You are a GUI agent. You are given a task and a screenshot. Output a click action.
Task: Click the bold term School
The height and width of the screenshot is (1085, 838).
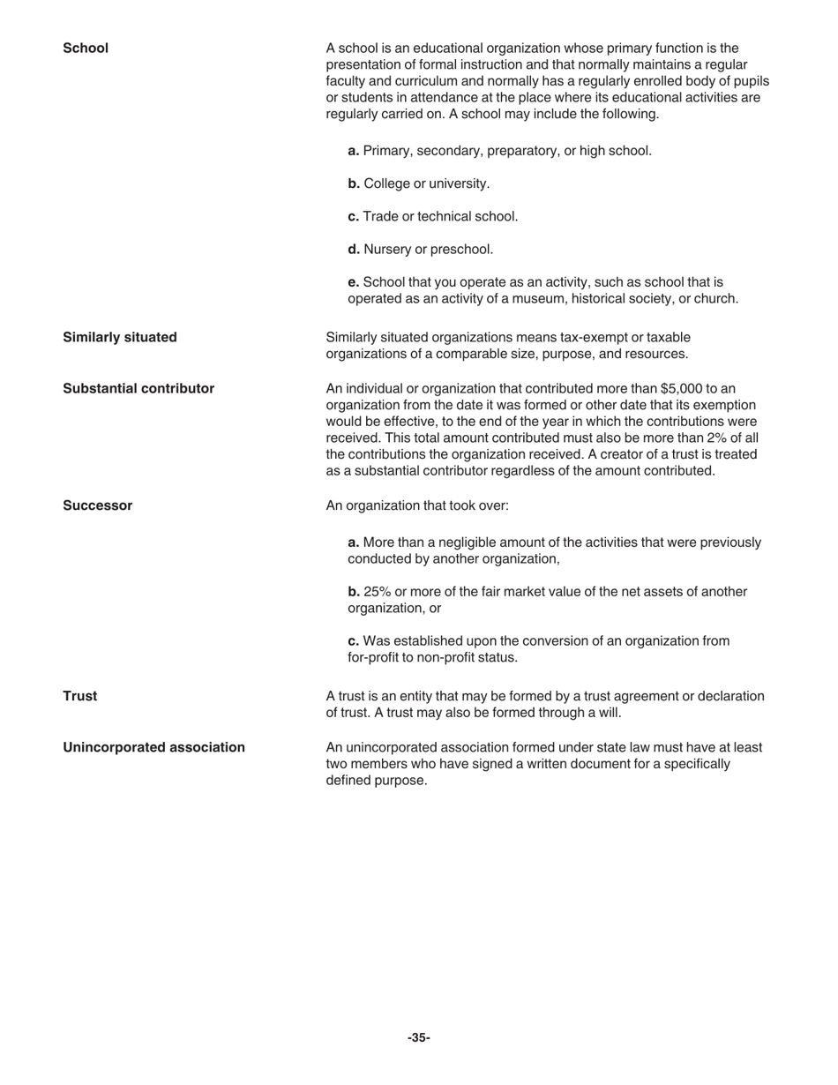point(86,49)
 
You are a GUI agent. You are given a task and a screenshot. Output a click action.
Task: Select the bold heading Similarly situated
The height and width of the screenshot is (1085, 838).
point(119,338)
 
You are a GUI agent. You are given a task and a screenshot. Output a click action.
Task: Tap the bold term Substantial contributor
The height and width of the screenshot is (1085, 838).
point(138,389)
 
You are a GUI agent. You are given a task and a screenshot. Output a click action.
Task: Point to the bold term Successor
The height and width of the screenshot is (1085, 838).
point(97,506)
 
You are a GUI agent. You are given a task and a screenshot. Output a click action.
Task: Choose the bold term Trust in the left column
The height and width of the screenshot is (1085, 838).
point(79,697)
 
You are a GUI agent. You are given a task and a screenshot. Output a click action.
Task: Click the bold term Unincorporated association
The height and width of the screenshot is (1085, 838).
point(153,748)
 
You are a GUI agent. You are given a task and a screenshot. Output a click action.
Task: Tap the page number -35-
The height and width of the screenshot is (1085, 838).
point(419,1038)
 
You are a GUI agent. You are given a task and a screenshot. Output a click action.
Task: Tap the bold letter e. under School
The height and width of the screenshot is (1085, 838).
point(353,282)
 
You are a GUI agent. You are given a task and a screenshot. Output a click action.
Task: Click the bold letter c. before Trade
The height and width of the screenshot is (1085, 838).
point(353,217)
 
